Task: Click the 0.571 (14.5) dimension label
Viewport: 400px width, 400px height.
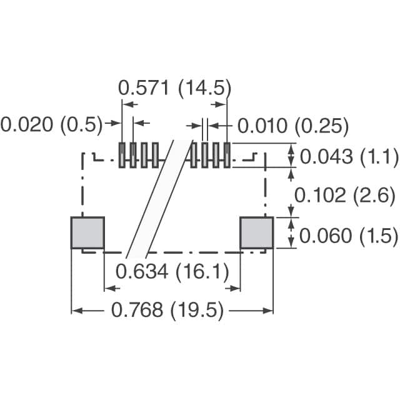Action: pyautogui.click(x=174, y=88)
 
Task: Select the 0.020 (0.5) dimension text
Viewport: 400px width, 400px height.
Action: pyautogui.click(x=51, y=125)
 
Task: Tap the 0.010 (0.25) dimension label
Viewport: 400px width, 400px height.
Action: pyautogui.click(x=293, y=126)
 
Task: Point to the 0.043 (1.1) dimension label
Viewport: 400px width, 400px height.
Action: pyautogui.click(x=349, y=156)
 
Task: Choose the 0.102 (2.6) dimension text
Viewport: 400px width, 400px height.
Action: pyautogui.click(x=344, y=196)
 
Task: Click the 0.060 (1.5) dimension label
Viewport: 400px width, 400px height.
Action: pyautogui.click(x=349, y=236)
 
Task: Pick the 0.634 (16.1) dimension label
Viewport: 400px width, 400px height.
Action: pyautogui.click(x=172, y=271)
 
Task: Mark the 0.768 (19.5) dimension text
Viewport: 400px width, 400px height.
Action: pyautogui.click(x=167, y=310)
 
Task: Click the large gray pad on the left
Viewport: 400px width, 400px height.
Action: pyautogui.click(x=87, y=232)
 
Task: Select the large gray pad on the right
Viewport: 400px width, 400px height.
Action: pyautogui.click(x=257, y=232)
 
